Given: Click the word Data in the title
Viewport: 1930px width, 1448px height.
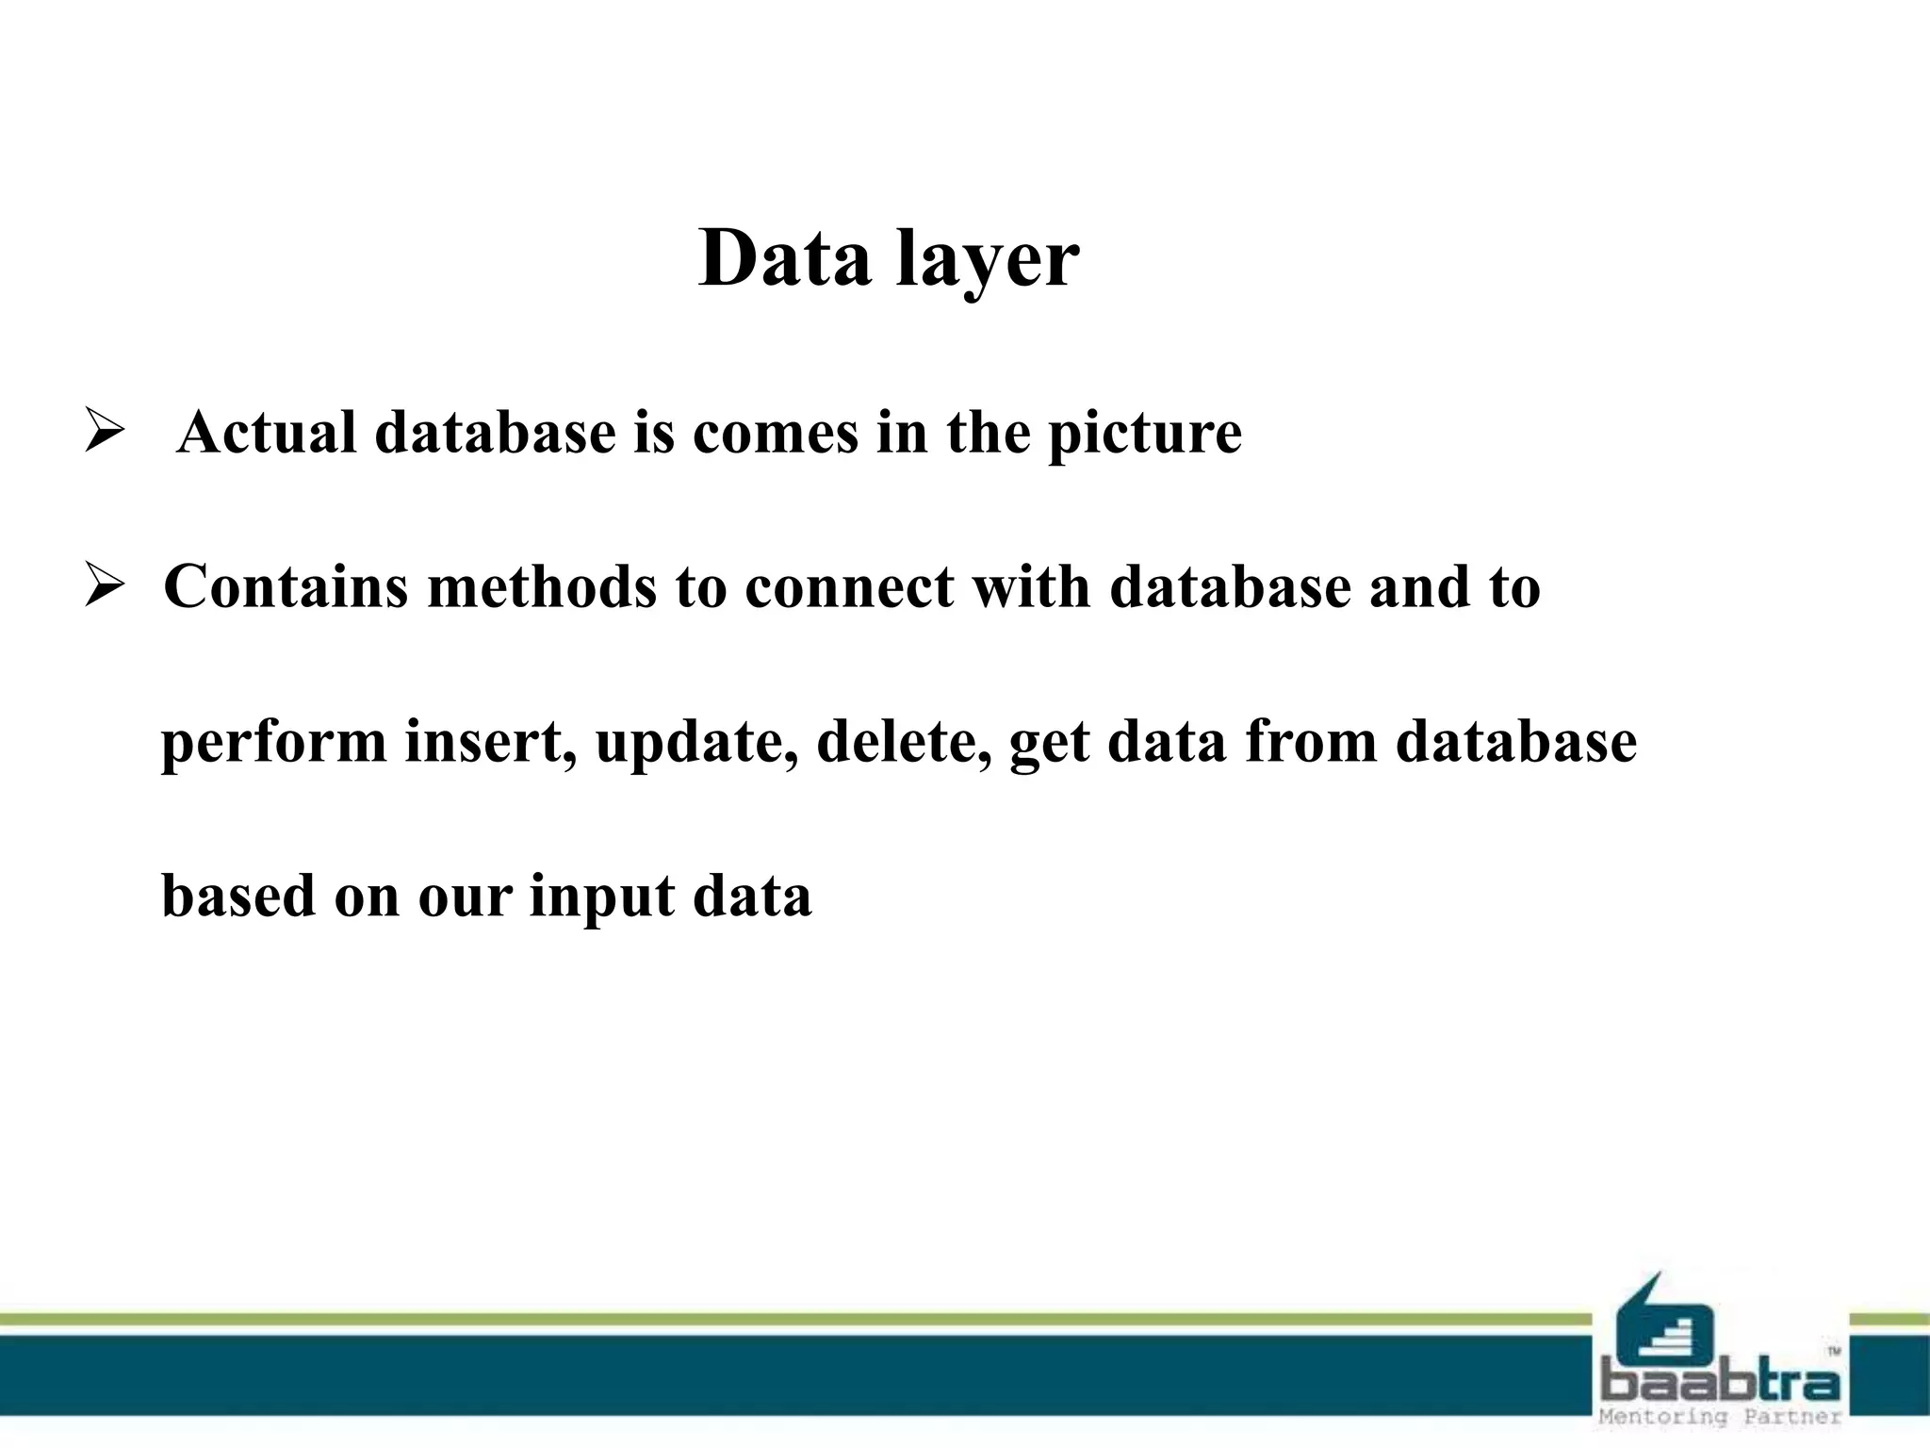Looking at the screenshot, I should (784, 259).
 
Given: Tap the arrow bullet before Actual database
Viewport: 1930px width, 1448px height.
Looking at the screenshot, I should (104, 433).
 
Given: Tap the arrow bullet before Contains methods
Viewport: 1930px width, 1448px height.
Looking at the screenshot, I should (104, 585).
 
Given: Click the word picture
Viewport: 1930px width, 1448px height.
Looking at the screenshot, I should (1145, 436).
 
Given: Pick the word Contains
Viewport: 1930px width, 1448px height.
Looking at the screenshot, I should (286, 586).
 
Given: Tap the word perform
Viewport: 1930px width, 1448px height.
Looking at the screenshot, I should (274, 743).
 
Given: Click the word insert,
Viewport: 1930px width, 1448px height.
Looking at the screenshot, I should (491, 741).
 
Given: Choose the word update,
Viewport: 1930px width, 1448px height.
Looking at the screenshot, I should (696, 743).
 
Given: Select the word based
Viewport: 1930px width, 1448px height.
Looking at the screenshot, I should (238, 895).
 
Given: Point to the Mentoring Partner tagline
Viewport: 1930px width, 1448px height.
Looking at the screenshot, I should (1721, 1417).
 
